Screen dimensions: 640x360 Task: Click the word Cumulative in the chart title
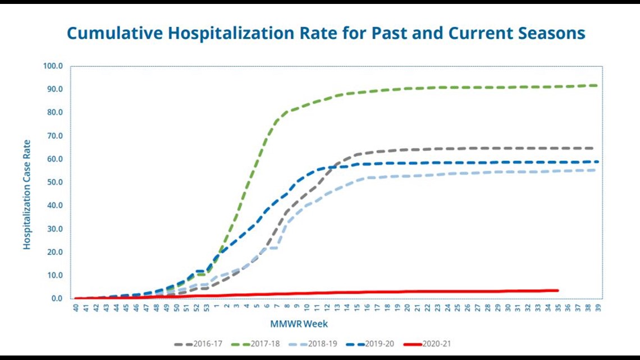pos(115,33)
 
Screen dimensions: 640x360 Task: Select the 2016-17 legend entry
pos(198,344)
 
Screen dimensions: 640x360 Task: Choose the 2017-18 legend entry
pos(255,344)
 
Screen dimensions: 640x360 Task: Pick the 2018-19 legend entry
pos(313,344)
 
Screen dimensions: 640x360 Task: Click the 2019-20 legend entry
pos(370,344)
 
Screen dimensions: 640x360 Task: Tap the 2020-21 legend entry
pos(427,344)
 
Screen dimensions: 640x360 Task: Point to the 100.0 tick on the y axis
pos(53,66)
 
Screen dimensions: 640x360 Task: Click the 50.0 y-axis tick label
pos(54,182)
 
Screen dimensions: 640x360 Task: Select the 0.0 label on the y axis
pos(57,298)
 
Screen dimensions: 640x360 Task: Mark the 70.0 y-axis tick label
pos(54,135)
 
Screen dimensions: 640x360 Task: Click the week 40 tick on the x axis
pos(76,307)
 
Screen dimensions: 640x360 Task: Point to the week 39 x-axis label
pos(598,307)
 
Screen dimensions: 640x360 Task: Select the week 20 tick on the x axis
pos(407,307)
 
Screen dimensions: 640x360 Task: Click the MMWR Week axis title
pos(299,324)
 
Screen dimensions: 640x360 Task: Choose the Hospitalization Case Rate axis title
pos(27,195)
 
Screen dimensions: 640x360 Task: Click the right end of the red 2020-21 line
pos(557,290)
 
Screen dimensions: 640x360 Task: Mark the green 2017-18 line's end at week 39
pos(597,85)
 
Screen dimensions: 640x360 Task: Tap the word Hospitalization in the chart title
pos(231,33)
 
